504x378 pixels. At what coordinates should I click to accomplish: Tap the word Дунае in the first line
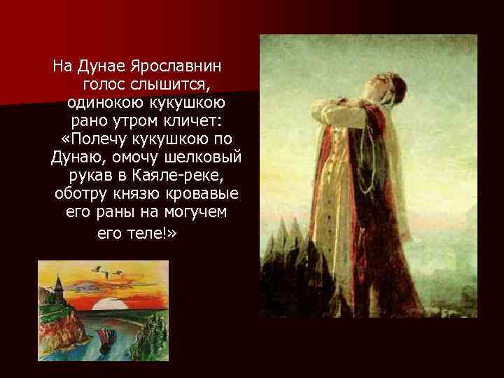point(99,67)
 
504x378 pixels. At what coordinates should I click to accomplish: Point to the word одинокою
point(106,104)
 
